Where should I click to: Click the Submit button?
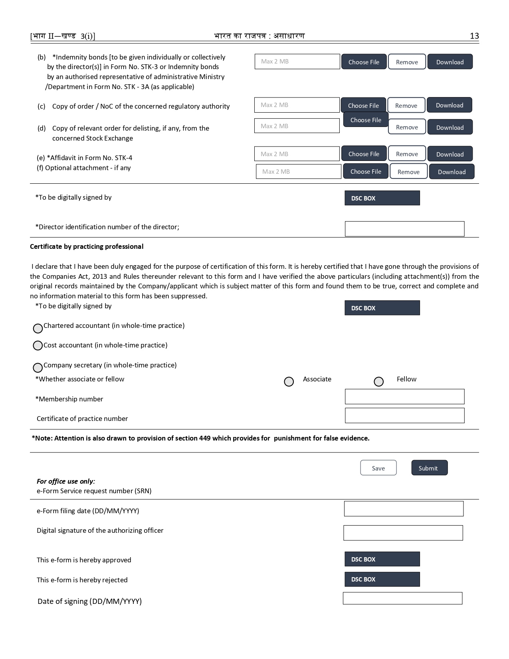click(429, 468)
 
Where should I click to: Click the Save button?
click(378, 468)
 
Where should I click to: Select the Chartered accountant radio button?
click(38, 328)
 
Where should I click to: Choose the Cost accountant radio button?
click(38, 345)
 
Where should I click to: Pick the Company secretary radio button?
click(38, 367)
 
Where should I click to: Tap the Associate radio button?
click(289, 381)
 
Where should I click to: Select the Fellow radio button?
click(378, 381)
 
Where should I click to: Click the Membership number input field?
click(404, 397)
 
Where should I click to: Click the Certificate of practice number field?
click(404, 415)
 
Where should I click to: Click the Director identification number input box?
click(404, 229)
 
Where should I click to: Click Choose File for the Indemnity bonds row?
click(364, 62)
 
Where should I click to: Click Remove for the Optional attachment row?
click(408, 171)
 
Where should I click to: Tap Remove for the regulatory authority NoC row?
click(406, 105)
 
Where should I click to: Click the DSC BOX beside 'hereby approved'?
click(382, 559)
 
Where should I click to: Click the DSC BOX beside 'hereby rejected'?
click(382, 579)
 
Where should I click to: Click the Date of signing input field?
click(402, 598)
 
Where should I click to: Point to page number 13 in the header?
click(474, 36)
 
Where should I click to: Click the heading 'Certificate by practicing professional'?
click(87, 246)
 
